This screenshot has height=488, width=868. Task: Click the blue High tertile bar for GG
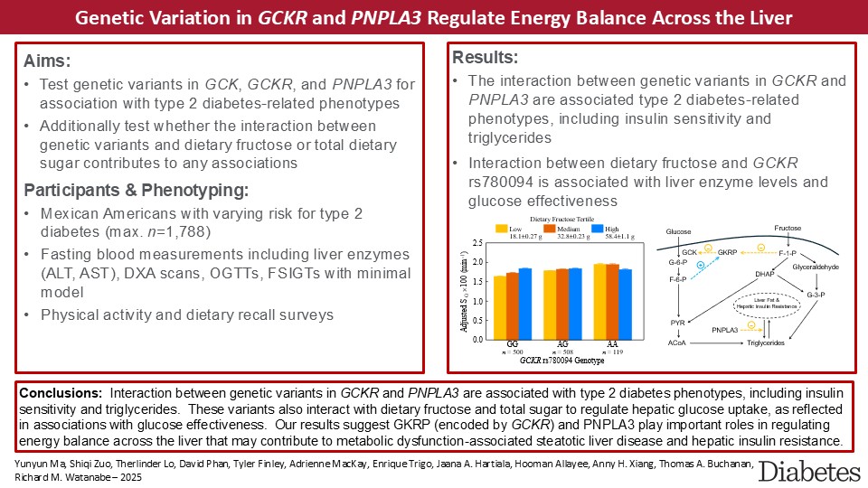coord(525,303)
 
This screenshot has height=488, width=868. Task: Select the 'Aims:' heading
coord(52,61)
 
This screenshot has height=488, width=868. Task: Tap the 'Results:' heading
coord(485,58)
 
